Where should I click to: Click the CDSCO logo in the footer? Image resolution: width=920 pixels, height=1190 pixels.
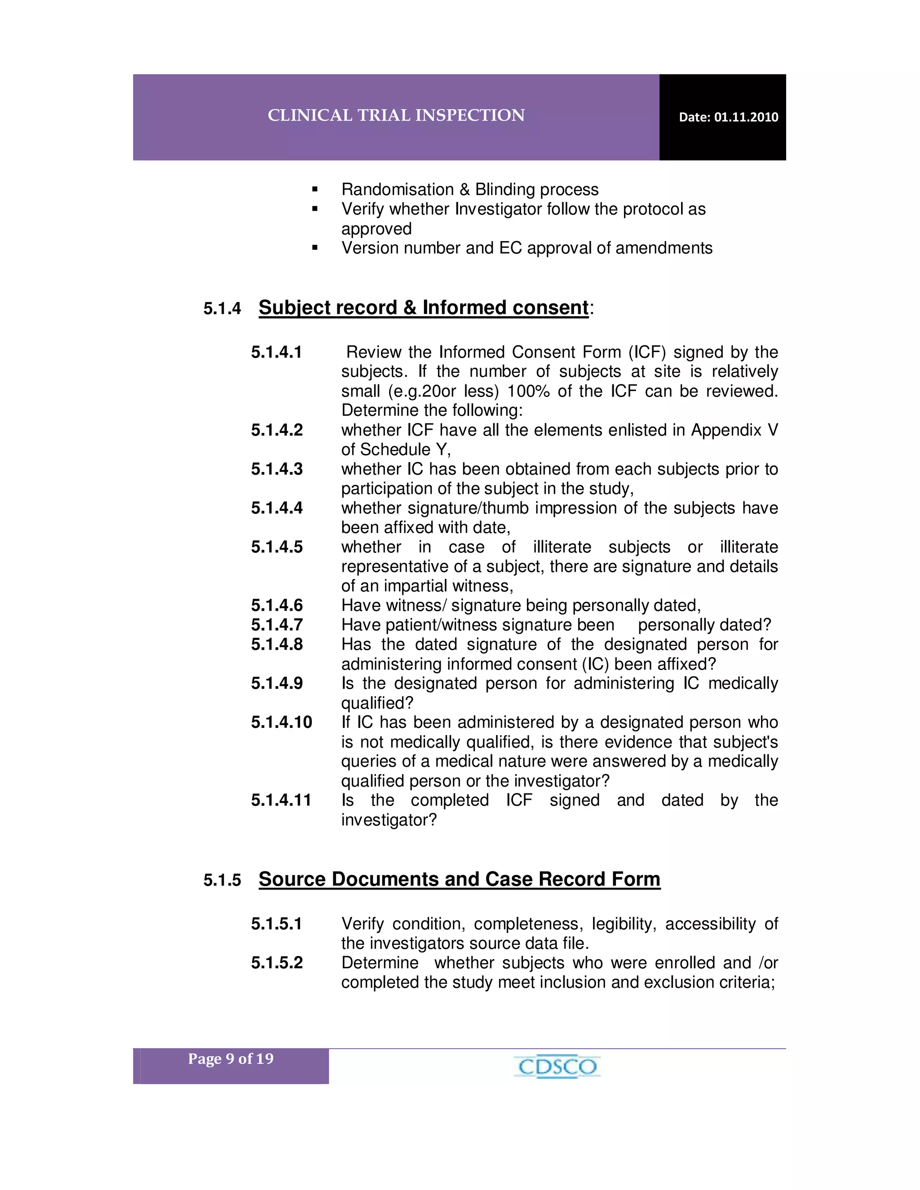(557, 1067)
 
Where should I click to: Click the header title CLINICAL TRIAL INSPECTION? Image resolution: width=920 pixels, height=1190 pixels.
(396, 115)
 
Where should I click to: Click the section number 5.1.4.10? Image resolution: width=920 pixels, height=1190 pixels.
(281, 723)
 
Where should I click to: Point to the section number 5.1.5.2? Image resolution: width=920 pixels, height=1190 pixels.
(277, 963)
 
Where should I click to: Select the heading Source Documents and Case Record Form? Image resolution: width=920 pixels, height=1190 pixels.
(459, 879)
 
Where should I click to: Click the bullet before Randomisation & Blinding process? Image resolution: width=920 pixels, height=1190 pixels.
(314, 190)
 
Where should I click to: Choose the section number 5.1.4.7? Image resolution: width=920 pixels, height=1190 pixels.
(277, 625)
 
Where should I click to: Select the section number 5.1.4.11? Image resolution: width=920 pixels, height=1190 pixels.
(281, 800)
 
